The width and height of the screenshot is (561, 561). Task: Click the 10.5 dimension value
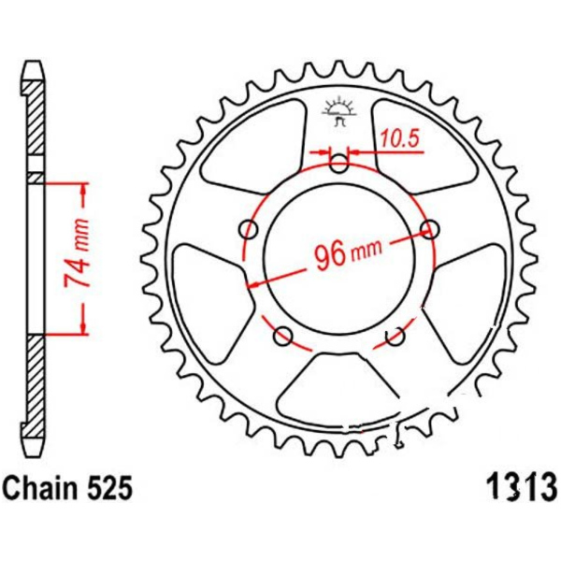pyautogui.click(x=399, y=137)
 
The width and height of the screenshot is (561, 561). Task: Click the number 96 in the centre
pyautogui.click(x=329, y=254)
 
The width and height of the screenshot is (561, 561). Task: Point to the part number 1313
pyautogui.click(x=521, y=488)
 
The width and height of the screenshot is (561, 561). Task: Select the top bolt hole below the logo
pyautogui.click(x=338, y=164)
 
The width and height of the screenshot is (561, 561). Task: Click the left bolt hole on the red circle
pyautogui.click(x=249, y=230)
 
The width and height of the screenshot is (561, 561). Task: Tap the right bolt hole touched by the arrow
pyautogui.click(x=430, y=230)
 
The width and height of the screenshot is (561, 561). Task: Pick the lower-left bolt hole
pyautogui.click(x=283, y=336)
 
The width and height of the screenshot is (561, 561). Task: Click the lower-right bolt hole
pyautogui.click(x=395, y=336)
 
